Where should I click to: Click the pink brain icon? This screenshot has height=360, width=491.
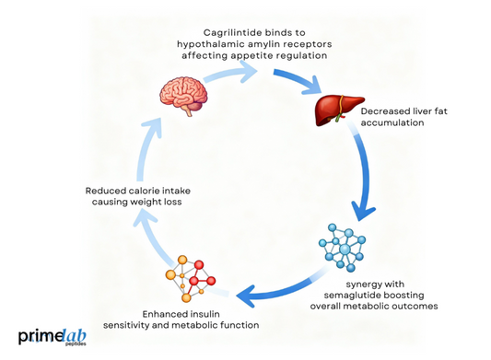[181, 93]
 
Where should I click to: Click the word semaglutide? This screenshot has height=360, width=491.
[363, 292]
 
